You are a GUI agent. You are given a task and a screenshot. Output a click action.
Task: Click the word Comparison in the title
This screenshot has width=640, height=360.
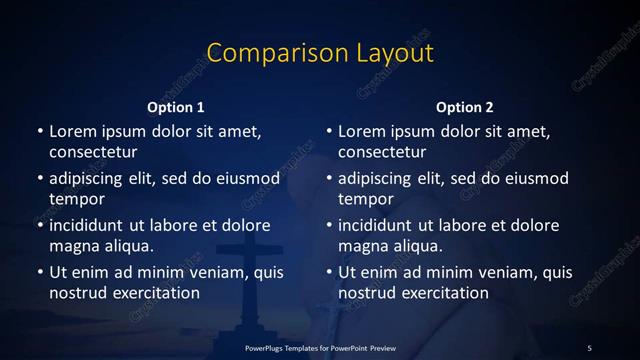pyautogui.click(x=262, y=52)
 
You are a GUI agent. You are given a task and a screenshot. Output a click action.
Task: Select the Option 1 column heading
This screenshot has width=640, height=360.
pyautogui.click(x=176, y=107)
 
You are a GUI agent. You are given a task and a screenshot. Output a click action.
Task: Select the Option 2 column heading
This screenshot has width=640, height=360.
pyautogui.click(x=465, y=107)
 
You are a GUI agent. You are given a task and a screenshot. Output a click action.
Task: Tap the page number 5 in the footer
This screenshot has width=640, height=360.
pyautogui.click(x=589, y=347)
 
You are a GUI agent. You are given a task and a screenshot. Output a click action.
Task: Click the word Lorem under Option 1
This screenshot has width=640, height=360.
pyautogui.click(x=74, y=131)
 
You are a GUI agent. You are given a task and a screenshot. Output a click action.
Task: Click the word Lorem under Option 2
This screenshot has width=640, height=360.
pyautogui.click(x=363, y=131)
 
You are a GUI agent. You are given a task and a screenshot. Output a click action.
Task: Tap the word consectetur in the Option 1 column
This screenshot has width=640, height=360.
pyautogui.click(x=93, y=152)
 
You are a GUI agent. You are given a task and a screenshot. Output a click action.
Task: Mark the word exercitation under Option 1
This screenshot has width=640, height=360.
pyautogui.click(x=153, y=293)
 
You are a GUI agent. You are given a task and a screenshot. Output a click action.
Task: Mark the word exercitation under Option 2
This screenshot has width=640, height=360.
pyautogui.click(x=442, y=293)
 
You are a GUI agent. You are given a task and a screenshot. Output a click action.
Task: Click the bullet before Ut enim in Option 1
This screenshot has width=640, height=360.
pyautogui.click(x=39, y=272)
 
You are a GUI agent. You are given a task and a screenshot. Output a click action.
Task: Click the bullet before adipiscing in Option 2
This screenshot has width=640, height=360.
pyautogui.click(x=328, y=179)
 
